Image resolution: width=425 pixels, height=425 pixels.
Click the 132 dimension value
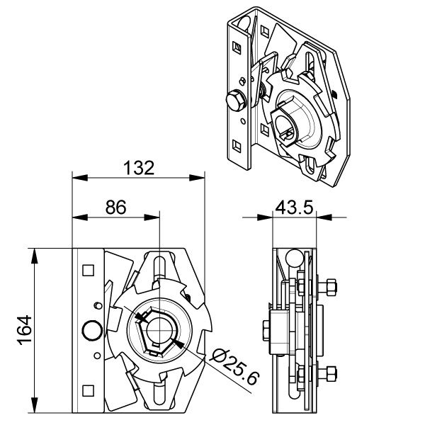[139, 168]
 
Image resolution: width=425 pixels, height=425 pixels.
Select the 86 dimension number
[115, 208]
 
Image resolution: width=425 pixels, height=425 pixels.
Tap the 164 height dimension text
[25, 330]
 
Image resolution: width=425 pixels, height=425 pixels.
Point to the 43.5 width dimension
[294, 208]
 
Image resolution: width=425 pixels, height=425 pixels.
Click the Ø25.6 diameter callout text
[234, 366]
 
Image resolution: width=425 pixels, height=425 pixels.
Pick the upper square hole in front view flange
[88, 271]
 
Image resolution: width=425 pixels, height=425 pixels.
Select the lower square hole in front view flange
[88, 390]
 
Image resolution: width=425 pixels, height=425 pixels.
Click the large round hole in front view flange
[92, 330]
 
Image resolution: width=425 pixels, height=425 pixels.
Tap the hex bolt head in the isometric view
[235, 101]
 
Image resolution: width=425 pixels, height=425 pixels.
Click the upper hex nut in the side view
[331, 288]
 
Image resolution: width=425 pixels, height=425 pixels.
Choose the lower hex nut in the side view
[331, 374]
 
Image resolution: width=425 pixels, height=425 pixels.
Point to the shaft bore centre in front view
[159, 330]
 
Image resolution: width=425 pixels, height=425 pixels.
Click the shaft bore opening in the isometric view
[283, 125]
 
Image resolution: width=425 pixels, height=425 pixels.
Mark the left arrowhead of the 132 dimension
[80, 178]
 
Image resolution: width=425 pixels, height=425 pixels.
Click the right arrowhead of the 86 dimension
[152, 217]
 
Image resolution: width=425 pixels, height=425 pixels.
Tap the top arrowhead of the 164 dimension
[35, 256]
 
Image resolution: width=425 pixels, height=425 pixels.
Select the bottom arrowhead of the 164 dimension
[35, 405]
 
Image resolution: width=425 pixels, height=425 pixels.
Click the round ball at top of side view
[295, 258]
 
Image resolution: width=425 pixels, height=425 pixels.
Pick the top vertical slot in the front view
[159, 268]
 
